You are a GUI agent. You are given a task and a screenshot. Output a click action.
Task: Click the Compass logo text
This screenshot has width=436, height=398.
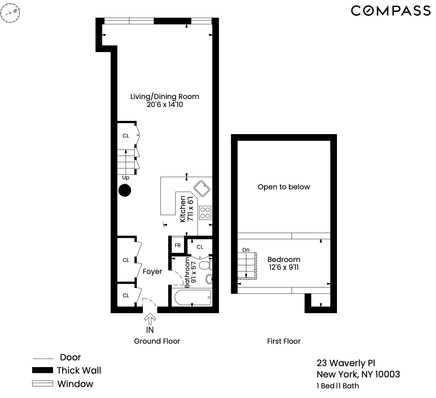pyautogui.click(x=390, y=11)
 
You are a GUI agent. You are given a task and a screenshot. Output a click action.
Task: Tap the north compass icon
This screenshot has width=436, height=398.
pyautogui.click(x=10, y=13)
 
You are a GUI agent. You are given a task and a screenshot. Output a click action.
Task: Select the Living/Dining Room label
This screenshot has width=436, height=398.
pyautogui.click(x=164, y=96)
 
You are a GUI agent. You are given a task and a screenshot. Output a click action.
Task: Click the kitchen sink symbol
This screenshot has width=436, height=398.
pyautogui.click(x=202, y=188)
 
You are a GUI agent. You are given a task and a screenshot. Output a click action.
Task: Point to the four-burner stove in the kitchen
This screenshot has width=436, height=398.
pyautogui.click(x=205, y=213)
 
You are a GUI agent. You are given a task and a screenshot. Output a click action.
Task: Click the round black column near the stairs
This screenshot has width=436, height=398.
pyautogui.click(x=125, y=190)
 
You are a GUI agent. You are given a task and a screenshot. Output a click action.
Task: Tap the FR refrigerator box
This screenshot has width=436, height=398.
pyautogui.click(x=178, y=246)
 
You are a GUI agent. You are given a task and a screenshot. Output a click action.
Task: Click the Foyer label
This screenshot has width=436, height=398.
pyautogui.click(x=152, y=272)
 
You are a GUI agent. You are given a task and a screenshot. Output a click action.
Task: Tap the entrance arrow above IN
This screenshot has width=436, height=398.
pyautogui.click(x=150, y=319)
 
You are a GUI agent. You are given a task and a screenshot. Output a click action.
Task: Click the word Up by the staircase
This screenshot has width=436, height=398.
pyautogui.click(x=126, y=178)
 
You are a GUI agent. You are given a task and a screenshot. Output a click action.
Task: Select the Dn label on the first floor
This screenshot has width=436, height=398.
pyautogui.click(x=246, y=250)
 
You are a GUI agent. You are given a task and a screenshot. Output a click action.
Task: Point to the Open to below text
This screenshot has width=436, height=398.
pyautogui.click(x=284, y=187)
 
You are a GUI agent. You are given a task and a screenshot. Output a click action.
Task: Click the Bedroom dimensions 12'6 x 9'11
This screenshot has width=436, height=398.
pyautogui.click(x=284, y=267)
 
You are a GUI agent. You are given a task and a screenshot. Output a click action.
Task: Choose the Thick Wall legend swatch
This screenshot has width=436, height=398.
pyautogui.click(x=42, y=370)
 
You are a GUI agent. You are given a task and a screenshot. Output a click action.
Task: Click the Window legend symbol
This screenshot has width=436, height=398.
pyautogui.click(x=42, y=384)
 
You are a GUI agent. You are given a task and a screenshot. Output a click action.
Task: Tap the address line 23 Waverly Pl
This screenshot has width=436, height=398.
pyautogui.click(x=346, y=363)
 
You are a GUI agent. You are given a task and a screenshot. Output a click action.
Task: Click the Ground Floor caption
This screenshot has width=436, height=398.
pyautogui.click(x=157, y=341)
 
